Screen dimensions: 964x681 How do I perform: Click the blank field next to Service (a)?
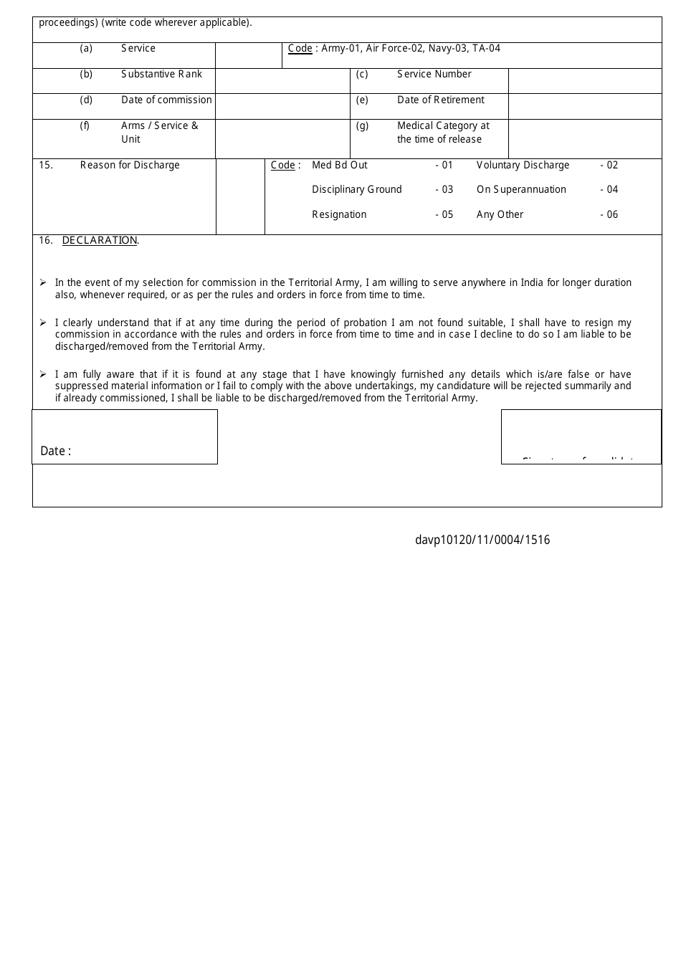click(248, 55)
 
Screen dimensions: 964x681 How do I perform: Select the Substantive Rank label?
click(161, 75)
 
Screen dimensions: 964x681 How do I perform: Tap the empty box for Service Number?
click(584, 80)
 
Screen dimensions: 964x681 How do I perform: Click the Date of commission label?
click(166, 100)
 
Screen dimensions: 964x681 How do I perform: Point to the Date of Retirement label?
click(440, 100)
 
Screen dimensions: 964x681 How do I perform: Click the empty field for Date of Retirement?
click(584, 106)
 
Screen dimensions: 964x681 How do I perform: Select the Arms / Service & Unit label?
click(159, 133)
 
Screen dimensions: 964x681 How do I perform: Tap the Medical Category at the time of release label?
click(442, 133)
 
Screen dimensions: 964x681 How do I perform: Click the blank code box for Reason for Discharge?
click(240, 196)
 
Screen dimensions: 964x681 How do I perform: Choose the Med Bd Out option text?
click(339, 166)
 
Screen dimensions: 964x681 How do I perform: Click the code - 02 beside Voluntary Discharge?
click(609, 166)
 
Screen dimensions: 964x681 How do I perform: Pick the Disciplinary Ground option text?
click(356, 190)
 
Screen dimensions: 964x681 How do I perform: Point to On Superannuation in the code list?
click(521, 190)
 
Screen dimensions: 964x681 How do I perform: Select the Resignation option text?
click(339, 215)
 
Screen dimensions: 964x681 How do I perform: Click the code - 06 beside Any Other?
click(609, 215)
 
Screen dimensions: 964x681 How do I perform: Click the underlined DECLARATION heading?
click(100, 241)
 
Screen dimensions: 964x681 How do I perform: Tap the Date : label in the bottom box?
click(55, 451)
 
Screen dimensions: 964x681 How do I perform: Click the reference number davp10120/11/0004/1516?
click(482, 540)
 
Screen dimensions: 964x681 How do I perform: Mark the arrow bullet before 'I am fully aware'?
click(43, 374)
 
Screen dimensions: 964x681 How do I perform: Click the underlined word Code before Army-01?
click(300, 49)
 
